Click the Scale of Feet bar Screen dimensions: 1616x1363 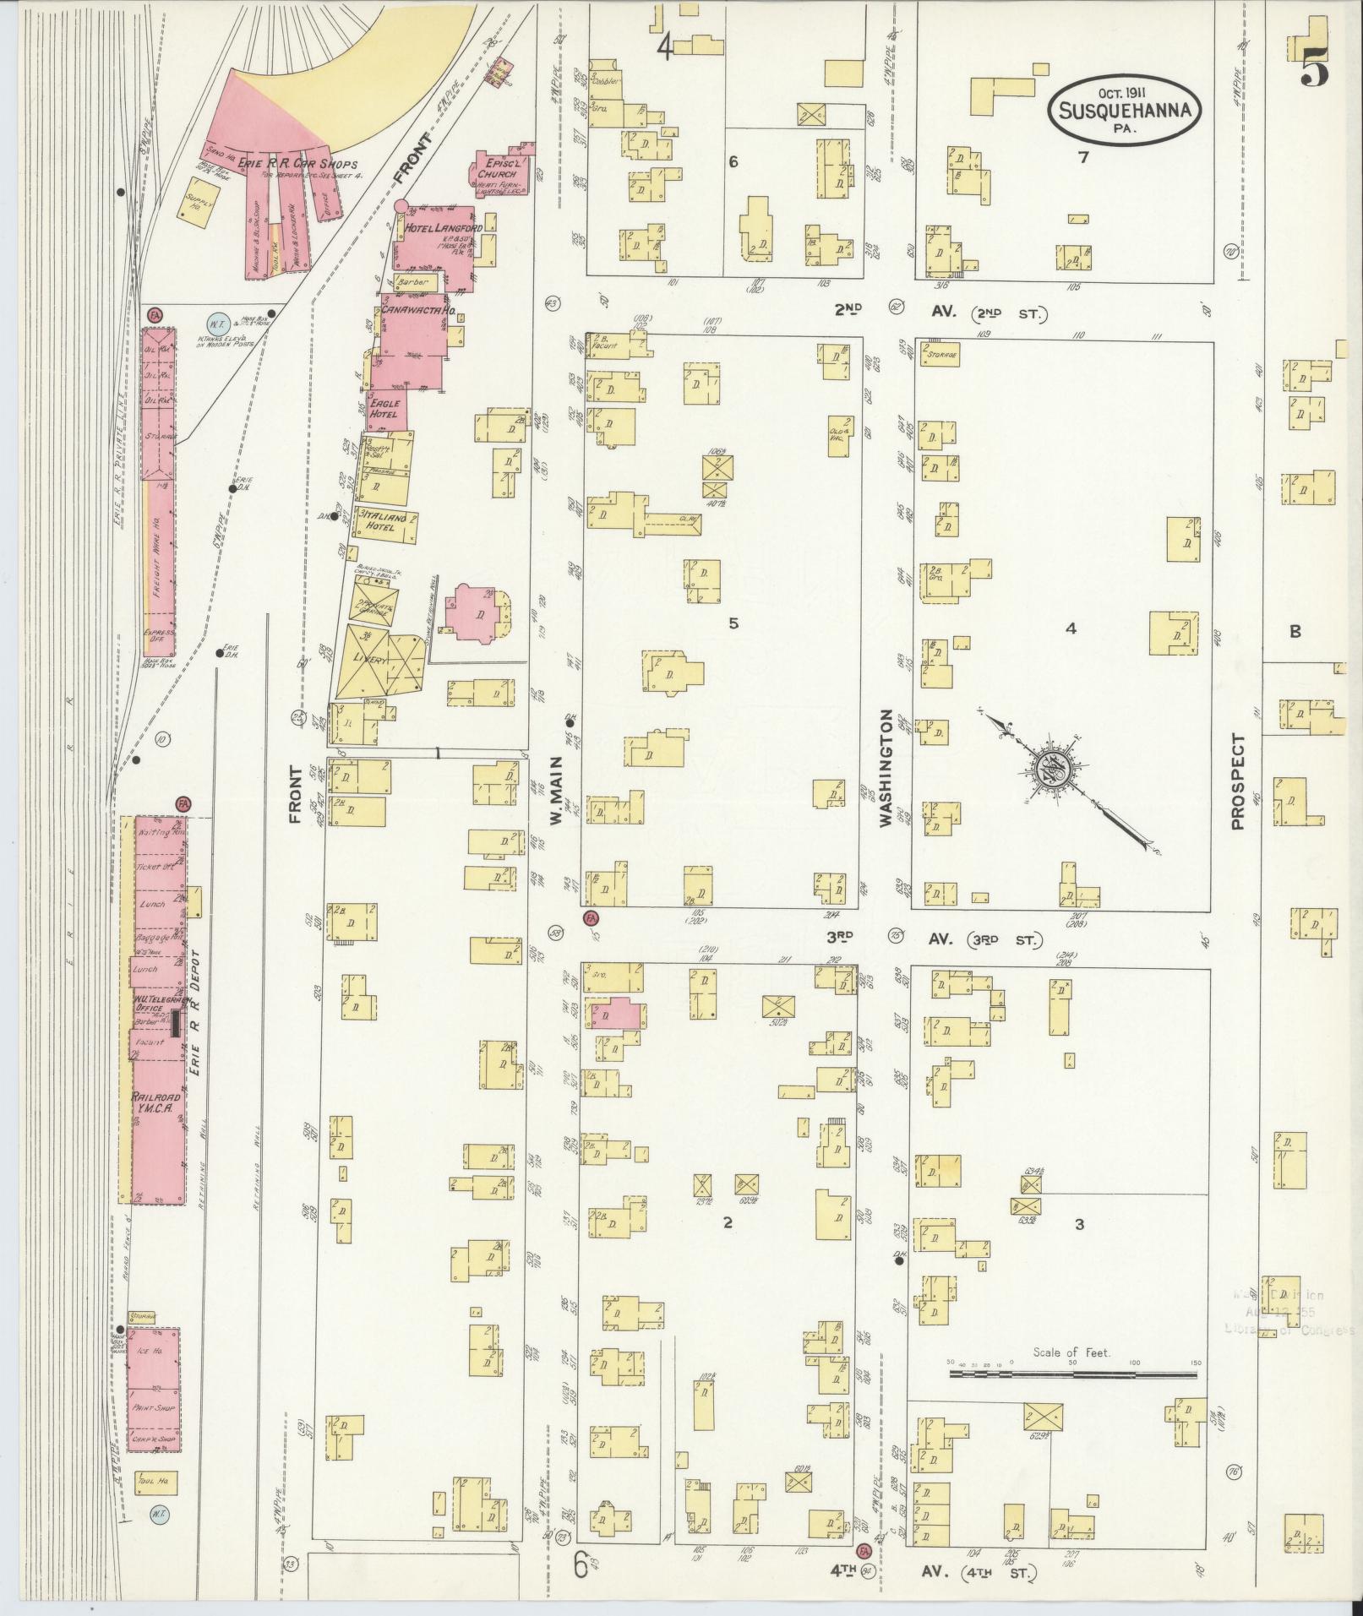point(1072,1374)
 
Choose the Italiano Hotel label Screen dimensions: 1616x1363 point(385,521)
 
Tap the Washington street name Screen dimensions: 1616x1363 point(887,767)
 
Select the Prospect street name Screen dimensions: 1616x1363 point(1238,781)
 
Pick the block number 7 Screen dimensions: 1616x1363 point(1082,156)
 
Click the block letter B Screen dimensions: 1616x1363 point(1295,630)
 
